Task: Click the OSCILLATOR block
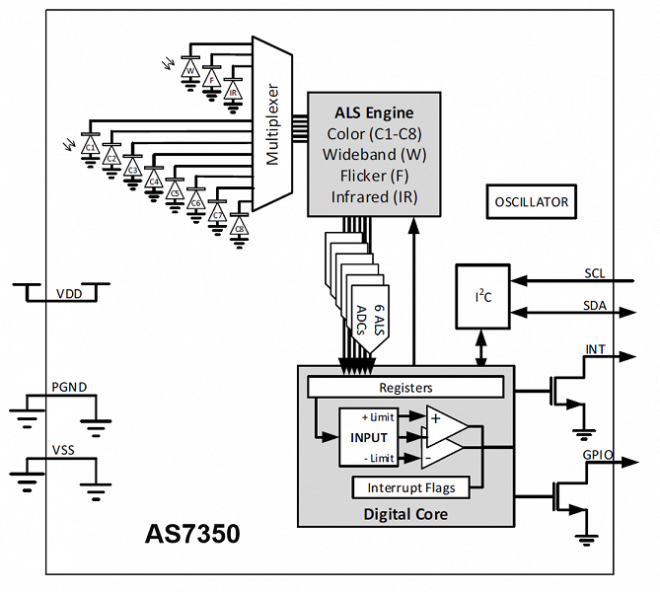click(532, 202)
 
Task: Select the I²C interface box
click(482, 296)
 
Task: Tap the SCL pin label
click(595, 272)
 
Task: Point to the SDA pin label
click(595, 306)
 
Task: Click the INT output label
click(596, 349)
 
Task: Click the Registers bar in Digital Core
click(405, 388)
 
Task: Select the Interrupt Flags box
click(409, 487)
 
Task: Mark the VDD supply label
click(69, 294)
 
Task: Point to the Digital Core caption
click(405, 514)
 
